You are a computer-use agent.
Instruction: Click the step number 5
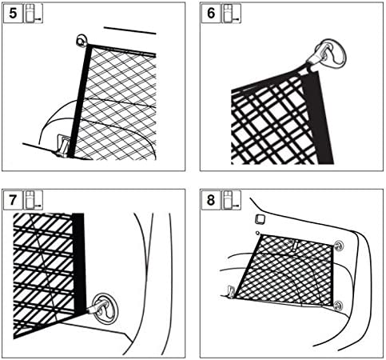[x=13, y=14]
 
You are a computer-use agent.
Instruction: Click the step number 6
[x=211, y=14]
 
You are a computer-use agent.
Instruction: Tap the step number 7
[x=13, y=200]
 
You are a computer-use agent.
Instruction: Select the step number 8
[x=211, y=200]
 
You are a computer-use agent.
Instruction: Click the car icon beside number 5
[x=34, y=14]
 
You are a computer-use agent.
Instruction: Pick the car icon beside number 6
[x=232, y=14]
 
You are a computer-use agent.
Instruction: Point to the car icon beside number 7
[x=34, y=200]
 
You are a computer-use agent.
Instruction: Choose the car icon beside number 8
[x=232, y=200]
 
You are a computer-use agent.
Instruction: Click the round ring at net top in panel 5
[x=81, y=41]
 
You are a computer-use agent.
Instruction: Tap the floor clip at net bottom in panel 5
[x=62, y=146]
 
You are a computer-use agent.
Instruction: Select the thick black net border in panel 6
[x=317, y=118]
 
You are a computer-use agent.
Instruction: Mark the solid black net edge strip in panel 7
[x=79, y=263]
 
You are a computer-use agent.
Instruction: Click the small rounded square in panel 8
[x=260, y=219]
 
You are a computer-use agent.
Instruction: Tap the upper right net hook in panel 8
[x=338, y=246]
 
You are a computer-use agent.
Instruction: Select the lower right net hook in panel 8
[x=338, y=306]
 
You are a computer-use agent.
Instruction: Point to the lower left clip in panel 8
[x=231, y=292]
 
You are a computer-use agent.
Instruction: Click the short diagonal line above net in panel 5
[x=129, y=30]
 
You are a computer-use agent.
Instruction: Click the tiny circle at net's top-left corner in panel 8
[x=257, y=234]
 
